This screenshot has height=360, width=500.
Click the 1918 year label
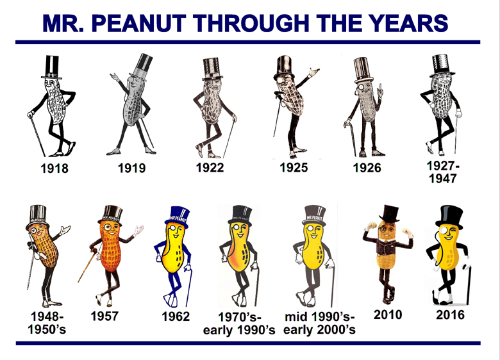click(x=54, y=168)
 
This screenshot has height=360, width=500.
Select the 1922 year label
click(x=210, y=168)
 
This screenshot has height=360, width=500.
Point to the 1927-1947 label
click(x=443, y=172)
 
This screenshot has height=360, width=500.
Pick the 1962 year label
click(x=176, y=316)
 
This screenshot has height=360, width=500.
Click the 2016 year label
click(x=450, y=315)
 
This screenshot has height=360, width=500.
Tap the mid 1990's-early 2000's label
click(x=319, y=323)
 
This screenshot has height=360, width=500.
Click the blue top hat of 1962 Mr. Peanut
click(x=178, y=217)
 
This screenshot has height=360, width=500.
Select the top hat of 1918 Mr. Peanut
click(x=52, y=67)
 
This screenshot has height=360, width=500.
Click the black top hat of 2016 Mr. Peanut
click(x=449, y=217)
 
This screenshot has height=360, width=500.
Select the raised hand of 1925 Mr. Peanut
click(x=313, y=72)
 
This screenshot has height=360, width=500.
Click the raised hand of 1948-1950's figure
click(x=65, y=229)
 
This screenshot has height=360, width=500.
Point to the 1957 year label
click(x=104, y=316)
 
